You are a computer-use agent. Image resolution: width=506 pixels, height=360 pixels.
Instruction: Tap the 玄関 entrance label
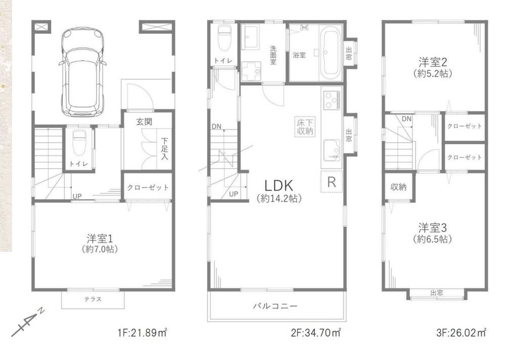click(144, 122)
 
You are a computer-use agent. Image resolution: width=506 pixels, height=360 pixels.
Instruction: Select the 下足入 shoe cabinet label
click(165, 149)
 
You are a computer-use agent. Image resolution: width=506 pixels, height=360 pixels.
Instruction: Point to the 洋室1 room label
click(100, 238)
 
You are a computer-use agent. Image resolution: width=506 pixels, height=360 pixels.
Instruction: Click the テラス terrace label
click(93, 299)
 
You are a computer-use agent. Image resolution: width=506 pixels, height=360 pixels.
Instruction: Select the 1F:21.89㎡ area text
click(142, 332)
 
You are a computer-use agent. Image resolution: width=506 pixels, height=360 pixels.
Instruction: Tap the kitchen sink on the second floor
click(332, 150)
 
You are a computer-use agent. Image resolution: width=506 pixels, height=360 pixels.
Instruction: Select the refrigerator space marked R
click(331, 182)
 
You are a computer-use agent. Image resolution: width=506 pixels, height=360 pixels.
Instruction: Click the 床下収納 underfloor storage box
click(305, 127)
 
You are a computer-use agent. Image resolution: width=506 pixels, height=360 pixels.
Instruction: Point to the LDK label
click(279, 186)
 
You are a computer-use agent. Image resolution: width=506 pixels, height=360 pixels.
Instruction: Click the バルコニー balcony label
click(275, 305)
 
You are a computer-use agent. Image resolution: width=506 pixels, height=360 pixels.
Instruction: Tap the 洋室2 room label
click(433, 61)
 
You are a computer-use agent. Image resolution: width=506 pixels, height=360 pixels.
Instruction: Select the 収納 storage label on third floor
click(399, 187)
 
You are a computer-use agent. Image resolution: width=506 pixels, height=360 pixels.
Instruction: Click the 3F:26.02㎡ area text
click(461, 332)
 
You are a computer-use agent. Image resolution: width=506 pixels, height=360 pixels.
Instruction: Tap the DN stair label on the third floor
click(407, 119)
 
